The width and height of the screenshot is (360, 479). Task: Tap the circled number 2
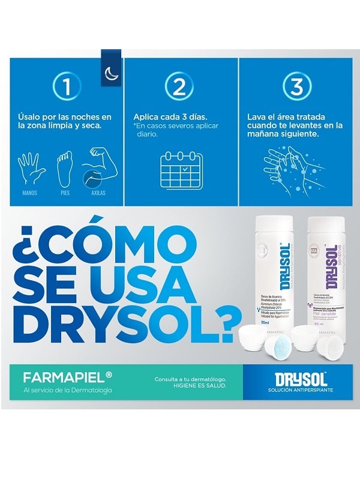tap(179, 88)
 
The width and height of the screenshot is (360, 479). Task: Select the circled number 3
tap(296, 88)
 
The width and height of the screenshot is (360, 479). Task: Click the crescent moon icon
tap(112, 71)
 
